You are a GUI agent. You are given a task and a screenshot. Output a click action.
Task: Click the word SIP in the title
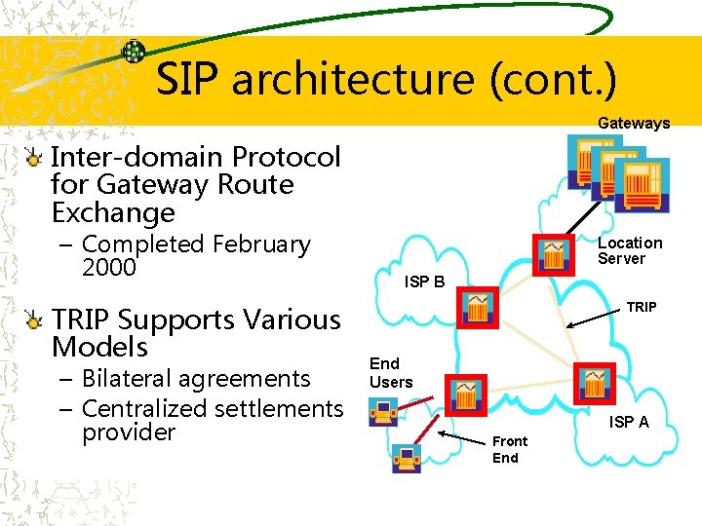[x=188, y=79]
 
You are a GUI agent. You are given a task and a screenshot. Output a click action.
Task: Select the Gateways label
[x=634, y=123]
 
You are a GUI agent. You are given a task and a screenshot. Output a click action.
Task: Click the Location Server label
[x=629, y=250]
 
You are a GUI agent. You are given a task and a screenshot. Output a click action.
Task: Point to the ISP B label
[x=424, y=282]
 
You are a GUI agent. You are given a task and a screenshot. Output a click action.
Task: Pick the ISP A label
[x=629, y=422]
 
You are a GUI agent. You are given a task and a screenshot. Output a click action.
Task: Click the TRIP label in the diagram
[x=641, y=307]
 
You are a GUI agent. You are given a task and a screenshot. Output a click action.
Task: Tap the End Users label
[x=391, y=373]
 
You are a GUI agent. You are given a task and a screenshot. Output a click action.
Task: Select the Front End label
[x=509, y=449]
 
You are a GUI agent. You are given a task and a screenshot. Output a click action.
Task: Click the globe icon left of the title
[x=134, y=52]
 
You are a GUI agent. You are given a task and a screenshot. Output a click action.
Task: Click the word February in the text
[x=253, y=244]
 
